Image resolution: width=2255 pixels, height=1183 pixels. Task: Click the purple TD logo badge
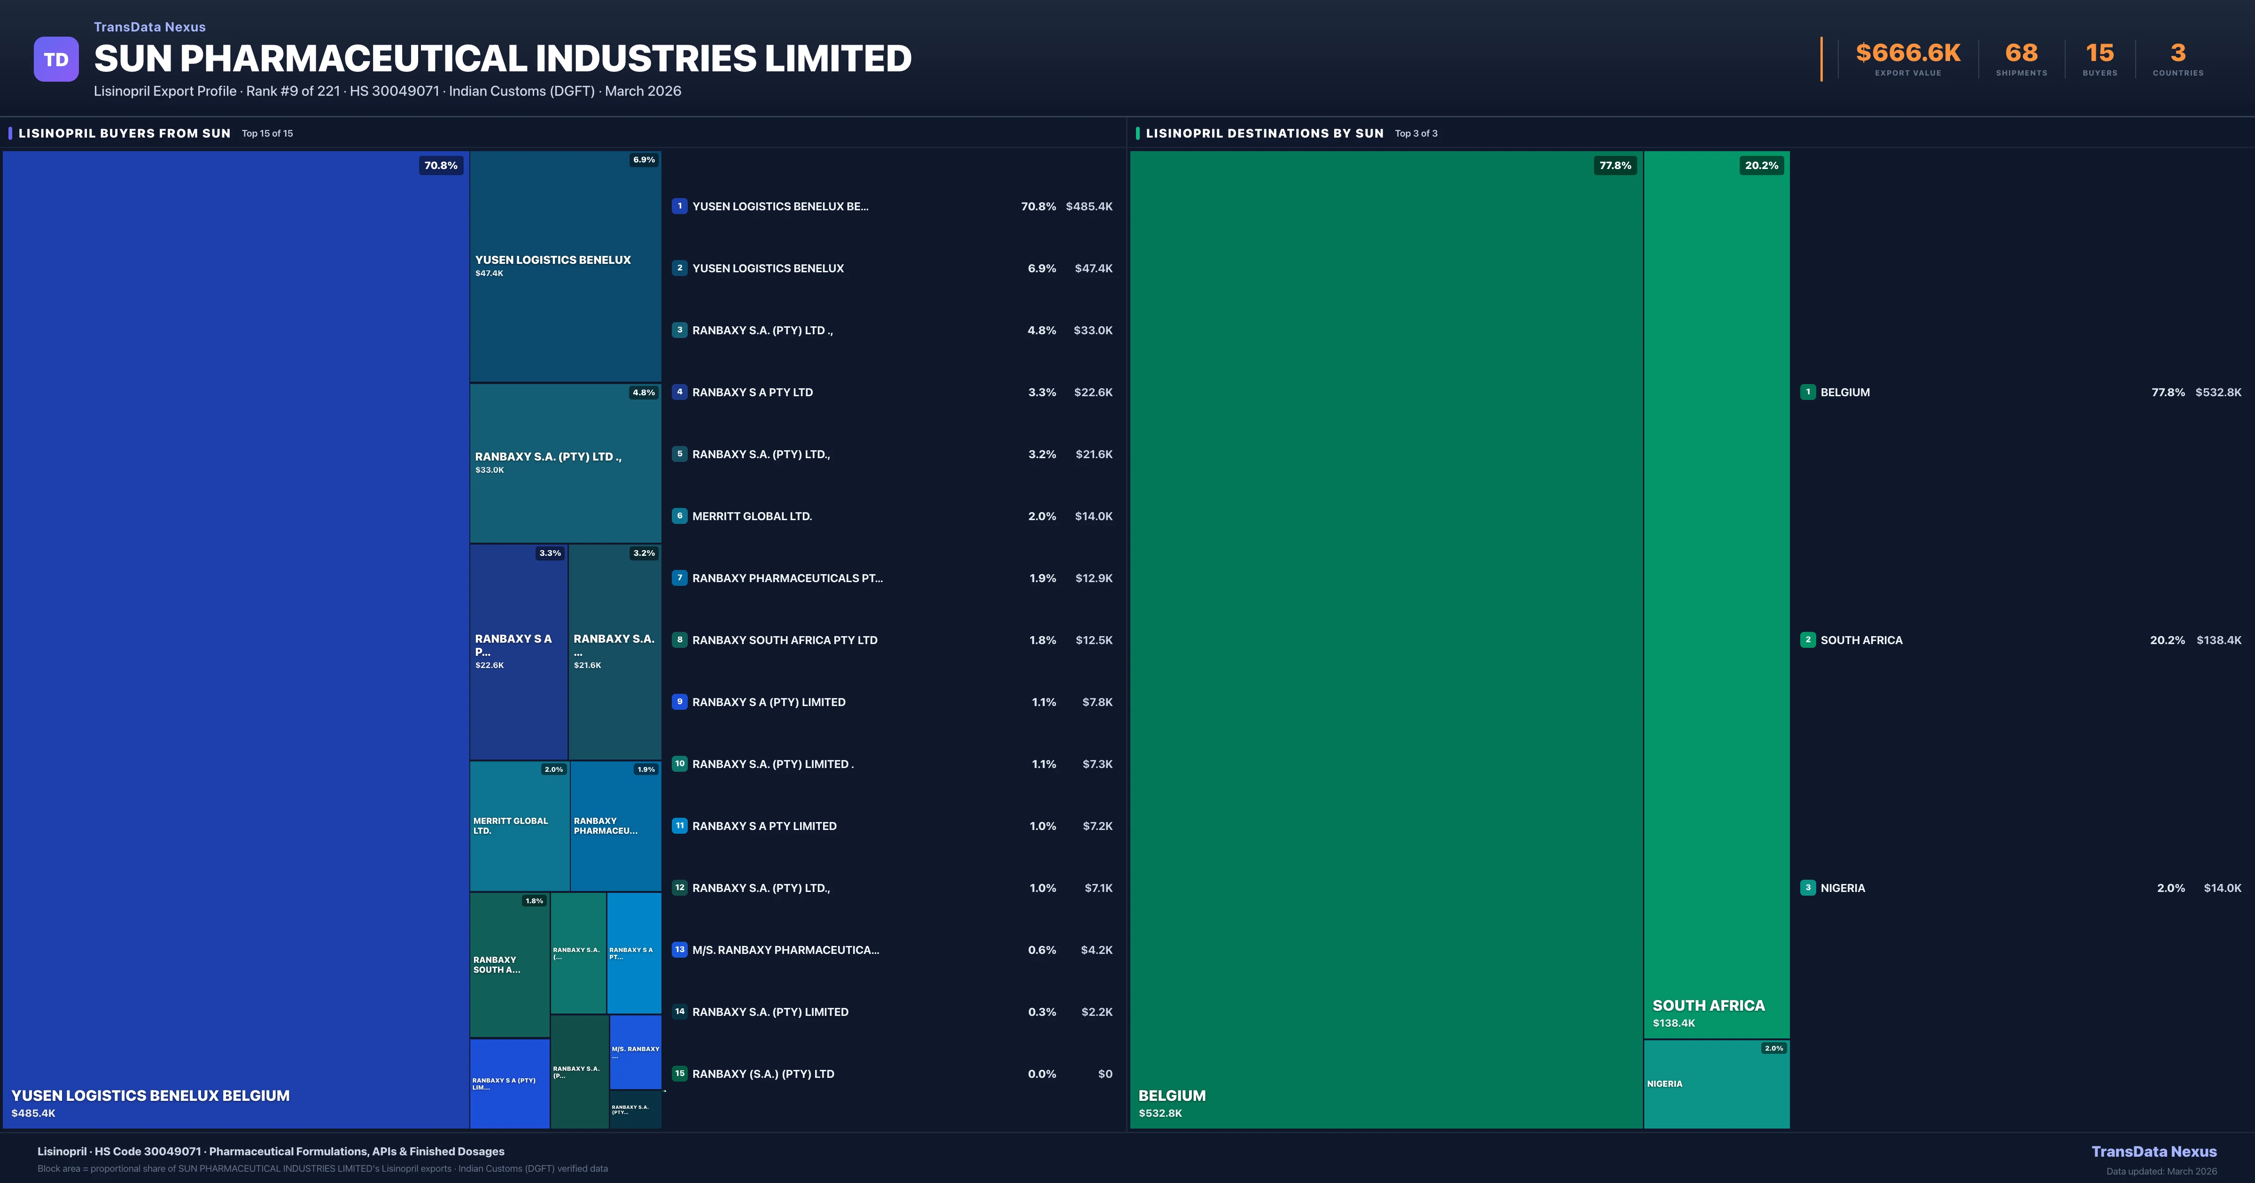click(x=56, y=60)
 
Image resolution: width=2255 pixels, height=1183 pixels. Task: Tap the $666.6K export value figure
click(x=1907, y=54)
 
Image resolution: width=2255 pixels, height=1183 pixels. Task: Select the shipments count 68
click(x=2021, y=54)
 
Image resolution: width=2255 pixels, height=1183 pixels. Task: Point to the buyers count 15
click(x=2099, y=54)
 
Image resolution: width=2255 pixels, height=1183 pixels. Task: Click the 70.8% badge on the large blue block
click(x=440, y=165)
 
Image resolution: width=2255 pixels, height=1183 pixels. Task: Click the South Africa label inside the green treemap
click(x=1708, y=1006)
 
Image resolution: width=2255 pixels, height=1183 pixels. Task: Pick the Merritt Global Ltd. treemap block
click(x=519, y=826)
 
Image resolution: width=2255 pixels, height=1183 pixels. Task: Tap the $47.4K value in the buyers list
click(x=1093, y=269)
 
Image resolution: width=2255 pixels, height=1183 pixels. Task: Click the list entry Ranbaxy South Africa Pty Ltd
click(x=785, y=640)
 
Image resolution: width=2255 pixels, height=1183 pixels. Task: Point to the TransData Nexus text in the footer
click(x=2154, y=1152)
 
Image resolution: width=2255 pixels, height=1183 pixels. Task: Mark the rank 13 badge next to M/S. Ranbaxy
click(x=679, y=949)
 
